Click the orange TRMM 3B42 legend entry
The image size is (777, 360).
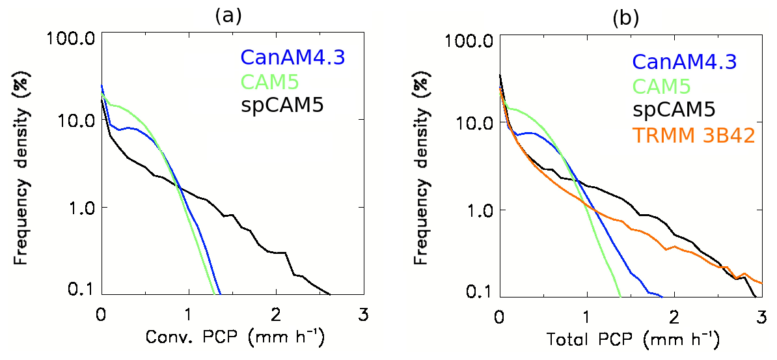pyautogui.click(x=693, y=135)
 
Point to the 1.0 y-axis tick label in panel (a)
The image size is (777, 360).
pyautogui.click(x=79, y=207)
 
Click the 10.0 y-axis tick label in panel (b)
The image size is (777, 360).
pyautogui.click(x=472, y=122)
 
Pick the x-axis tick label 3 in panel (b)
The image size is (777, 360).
pyautogui.click(x=761, y=318)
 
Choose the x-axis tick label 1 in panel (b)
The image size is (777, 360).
pyautogui.click(x=586, y=318)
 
